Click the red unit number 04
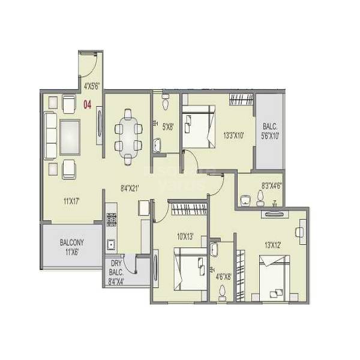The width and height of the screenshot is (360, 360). pos(87,106)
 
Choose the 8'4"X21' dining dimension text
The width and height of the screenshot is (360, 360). pos(130,188)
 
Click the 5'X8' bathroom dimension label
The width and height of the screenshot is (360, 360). pos(167,127)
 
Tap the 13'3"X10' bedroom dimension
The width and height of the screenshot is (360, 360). pos(233,135)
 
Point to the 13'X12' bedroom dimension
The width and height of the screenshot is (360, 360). pos(271,245)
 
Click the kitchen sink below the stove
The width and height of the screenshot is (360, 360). pos(111,244)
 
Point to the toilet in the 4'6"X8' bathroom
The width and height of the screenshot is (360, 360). pos(223,291)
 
